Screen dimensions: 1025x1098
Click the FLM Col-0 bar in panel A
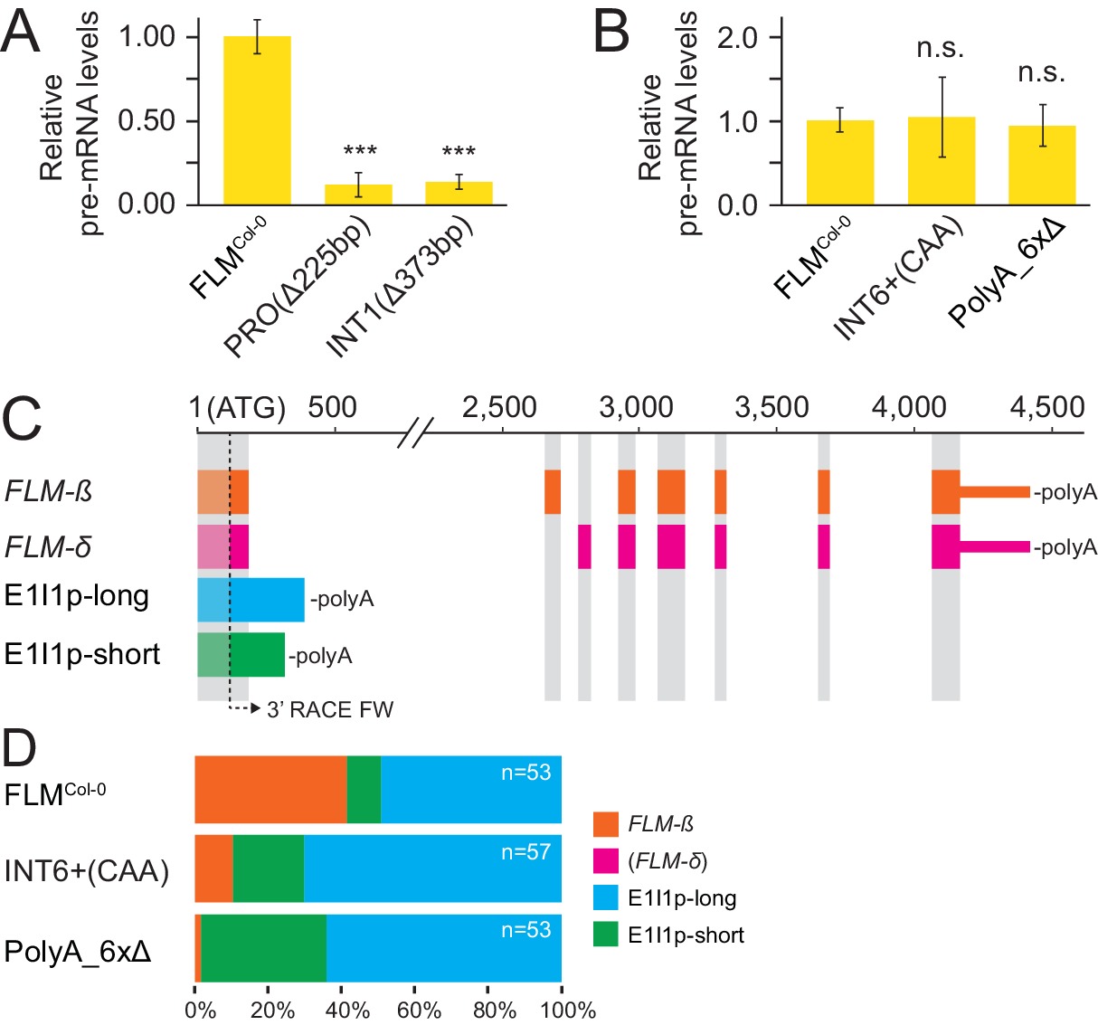(257, 120)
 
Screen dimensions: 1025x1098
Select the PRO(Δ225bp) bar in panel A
(358, 195)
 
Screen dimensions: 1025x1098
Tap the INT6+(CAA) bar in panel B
(942, 161)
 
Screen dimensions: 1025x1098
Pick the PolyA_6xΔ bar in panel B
(1042, 166)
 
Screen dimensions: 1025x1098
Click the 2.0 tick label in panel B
(738, 37)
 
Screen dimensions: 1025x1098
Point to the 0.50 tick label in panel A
(147, 120)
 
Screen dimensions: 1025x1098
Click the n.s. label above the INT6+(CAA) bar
(941, 48)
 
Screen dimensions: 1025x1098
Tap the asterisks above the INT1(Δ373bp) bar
(459, 151)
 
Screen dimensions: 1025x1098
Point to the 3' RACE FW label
(330, 710)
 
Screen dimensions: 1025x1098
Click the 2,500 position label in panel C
(499, 408)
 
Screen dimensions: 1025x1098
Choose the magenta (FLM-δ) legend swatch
(605, 860)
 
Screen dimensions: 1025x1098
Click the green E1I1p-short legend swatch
(605, 935)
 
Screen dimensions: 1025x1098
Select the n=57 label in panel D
(525, 852)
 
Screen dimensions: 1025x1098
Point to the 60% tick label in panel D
(420, 1010)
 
